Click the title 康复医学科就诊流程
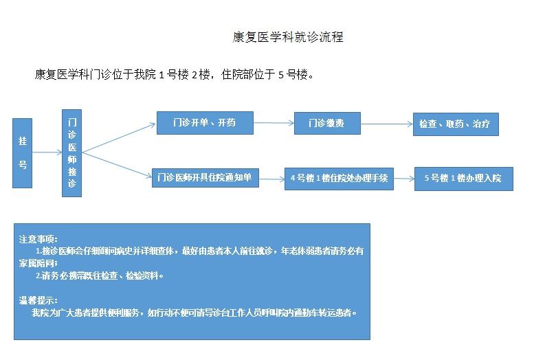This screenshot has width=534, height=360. click(x=287, y=37)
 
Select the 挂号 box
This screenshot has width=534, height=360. click(x=23, y=153)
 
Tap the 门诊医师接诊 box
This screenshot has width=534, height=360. click(x=72, y=153)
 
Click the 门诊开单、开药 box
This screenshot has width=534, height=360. click(x=205, y=123)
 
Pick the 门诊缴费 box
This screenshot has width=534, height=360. click(x=326, y=124)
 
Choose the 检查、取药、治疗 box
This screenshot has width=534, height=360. click(x=455, y=124)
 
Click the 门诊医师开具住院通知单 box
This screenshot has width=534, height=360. click(x=205, y=177)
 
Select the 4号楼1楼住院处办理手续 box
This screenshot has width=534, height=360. click(x=339, y=179)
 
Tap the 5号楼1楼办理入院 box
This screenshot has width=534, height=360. click(x=463, y=179)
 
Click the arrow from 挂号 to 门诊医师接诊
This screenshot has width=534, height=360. click(x=47, y=153)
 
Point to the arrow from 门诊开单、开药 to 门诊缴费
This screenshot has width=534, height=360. click(x=274, y=123)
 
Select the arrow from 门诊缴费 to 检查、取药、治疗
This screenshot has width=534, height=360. click(x=386, y=124)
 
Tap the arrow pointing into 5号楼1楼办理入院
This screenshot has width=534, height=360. click(x=403, y=179)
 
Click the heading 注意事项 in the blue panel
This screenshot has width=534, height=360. click(x=38, y=239)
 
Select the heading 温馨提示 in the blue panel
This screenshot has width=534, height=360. click(x=38, y=300)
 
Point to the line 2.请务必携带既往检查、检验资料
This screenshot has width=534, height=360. click(x=100, y=275)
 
